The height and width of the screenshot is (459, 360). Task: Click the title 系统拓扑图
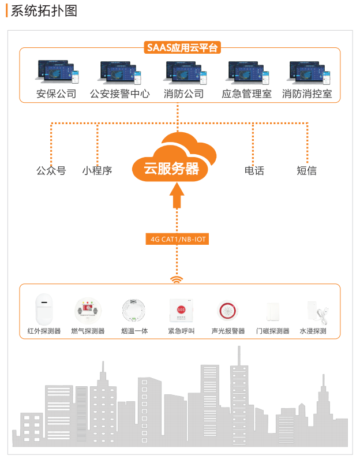click(44, 11)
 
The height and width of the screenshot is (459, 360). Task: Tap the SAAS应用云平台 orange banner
click(182, 48)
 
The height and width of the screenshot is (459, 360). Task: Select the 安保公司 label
click(56, 94)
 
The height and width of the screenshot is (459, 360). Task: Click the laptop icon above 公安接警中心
click(120, 72)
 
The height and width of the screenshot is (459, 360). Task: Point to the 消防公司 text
click(183, 94)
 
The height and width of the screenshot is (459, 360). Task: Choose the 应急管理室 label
click(246, 94)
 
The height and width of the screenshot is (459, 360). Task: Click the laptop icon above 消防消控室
click(309, 72)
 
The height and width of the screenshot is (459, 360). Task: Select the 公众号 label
click(51, 170)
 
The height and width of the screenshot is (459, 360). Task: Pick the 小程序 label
click(97, 170)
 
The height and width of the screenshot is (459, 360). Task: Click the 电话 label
click(254, 170)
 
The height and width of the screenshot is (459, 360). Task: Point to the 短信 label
click(307, 170)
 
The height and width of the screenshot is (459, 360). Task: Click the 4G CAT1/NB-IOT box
click(177, 239)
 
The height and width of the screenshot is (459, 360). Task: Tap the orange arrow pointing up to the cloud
click(177, 195)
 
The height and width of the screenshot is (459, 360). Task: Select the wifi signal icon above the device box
click(177, 280)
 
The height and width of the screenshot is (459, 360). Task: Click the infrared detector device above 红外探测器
click(44, 309)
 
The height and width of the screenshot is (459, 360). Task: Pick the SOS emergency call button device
click(181, 311)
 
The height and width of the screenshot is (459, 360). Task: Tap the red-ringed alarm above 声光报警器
click(228, 310)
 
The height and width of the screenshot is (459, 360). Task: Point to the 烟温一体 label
click(134, 331)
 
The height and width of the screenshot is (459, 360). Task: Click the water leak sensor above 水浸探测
click(317, 312)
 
